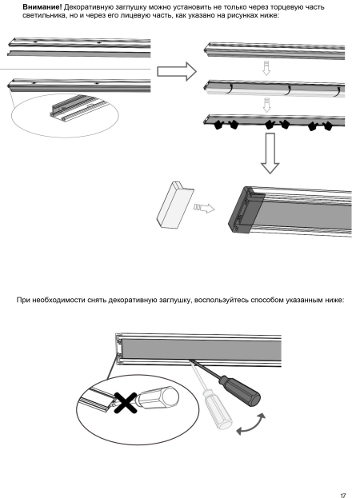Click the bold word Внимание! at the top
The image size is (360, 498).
point(42,7)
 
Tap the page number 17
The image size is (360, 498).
point(343,495)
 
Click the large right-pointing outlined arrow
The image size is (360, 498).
point(177,71)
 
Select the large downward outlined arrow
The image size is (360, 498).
point(270,153)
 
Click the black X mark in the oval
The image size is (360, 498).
point(126,403)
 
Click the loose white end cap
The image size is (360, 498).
point(174,205)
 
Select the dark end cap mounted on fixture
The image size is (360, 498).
point(246,210)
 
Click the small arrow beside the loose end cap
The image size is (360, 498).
point(204,208)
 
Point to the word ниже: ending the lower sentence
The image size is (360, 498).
point(334,300)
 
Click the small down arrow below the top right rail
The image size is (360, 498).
point(266,68)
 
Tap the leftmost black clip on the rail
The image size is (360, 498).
point(218,125)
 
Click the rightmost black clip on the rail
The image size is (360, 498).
point(327,126)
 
